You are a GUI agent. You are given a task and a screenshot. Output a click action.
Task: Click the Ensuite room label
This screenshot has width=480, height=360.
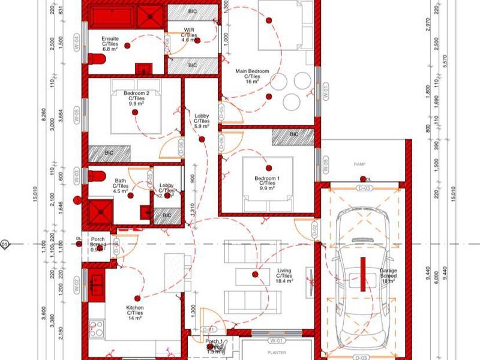110,43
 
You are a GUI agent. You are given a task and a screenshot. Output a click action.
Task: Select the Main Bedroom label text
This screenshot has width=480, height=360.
252,76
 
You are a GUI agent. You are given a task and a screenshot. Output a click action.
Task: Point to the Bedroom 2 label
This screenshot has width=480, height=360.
136,98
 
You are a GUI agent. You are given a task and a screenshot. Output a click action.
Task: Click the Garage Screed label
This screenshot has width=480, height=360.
388,276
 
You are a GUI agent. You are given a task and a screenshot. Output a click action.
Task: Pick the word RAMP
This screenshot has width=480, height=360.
359,163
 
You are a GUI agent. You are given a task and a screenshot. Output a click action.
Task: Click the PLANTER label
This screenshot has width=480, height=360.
277,353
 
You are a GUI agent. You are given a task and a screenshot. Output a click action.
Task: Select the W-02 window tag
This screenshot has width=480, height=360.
77,286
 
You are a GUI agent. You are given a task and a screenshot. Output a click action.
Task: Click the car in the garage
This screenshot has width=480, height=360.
362,281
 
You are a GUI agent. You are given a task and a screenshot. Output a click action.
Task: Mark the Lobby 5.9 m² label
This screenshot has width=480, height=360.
201,121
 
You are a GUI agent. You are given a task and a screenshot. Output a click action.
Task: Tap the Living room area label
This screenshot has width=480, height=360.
284,275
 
